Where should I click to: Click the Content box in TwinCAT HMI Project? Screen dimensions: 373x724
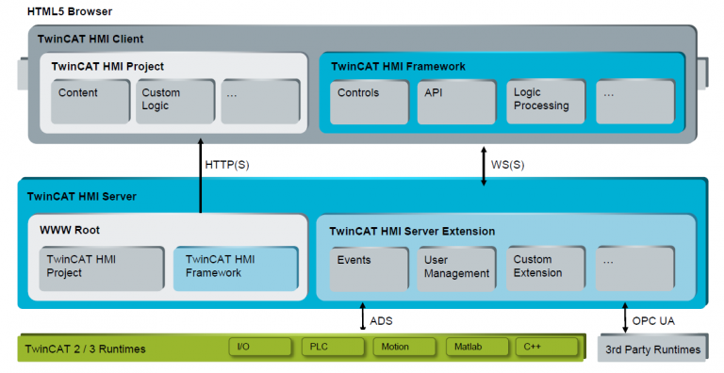90,102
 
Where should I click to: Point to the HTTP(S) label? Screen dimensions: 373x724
228,166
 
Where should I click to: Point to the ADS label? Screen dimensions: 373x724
381,321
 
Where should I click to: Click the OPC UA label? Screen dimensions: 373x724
652,321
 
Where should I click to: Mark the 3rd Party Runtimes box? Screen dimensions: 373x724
652,349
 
